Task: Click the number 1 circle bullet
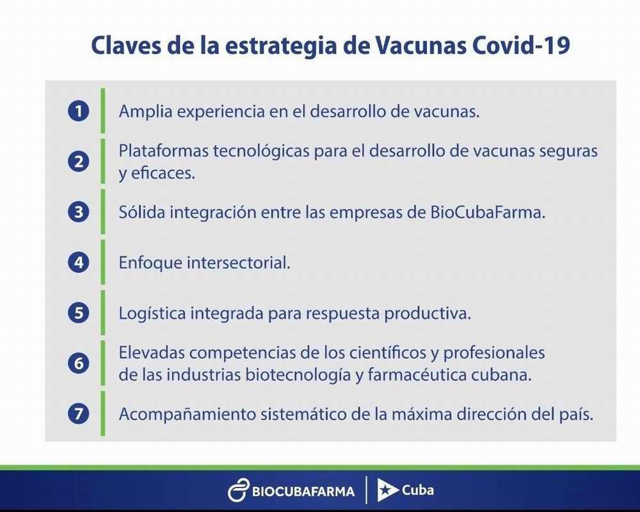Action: point(78,111)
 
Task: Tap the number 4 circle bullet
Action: point(78,262)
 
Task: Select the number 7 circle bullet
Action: point(78,413)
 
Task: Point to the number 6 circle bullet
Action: point(78,363)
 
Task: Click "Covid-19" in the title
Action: point(521,45)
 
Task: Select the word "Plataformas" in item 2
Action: point(163,151)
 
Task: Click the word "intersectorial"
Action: point(238,262)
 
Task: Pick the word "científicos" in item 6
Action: point(382,352)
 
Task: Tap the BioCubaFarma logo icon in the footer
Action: point(238,490)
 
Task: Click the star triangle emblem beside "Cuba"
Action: point(387,490)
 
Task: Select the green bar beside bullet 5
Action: point(103,313)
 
